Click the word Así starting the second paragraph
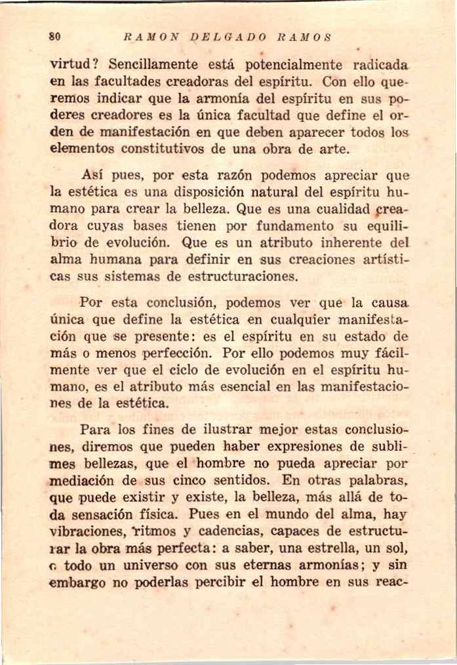coord(94,176)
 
